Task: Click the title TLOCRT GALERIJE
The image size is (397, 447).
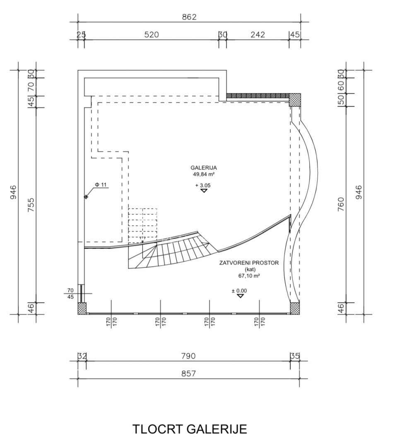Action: tap(190, 429)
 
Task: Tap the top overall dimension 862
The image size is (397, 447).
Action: tap(189, 17)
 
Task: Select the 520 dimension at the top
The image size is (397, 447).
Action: tap(152, 35)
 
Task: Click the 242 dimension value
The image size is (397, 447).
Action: tap(258, 35)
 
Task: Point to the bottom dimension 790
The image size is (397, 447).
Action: tap(188, 356)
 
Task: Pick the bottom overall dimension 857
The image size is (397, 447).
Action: tap(188, 373)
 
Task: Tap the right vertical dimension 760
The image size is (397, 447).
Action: tap(341, 204)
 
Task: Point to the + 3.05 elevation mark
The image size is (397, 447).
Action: tap(203, 185)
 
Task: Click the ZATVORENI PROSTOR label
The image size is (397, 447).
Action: tap(249, 263)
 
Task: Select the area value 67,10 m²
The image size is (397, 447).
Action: tap(249, 276)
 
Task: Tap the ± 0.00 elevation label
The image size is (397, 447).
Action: tap(239, 291)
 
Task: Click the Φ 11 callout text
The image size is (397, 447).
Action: tap(101, 185)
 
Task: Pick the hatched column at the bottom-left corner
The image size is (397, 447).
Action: tap(82, 308)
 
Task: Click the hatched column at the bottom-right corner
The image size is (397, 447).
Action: tap(295, 308)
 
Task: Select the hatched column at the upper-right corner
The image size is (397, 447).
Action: tap(295, 100)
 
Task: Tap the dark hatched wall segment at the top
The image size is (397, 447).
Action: tap(258, 96)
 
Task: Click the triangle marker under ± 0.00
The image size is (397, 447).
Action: tap(241, 296)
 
